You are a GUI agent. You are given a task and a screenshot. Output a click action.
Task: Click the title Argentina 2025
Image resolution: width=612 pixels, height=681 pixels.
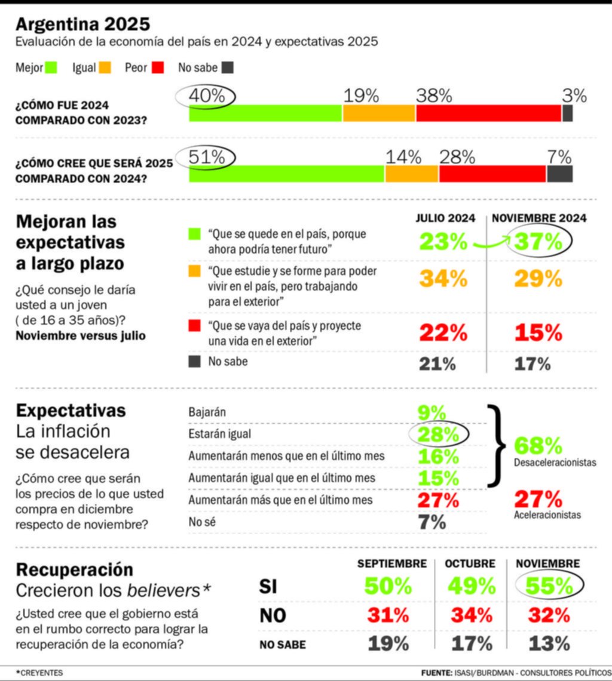[82, 24]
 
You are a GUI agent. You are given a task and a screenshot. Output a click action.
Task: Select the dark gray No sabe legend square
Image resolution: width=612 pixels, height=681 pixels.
[227, 67]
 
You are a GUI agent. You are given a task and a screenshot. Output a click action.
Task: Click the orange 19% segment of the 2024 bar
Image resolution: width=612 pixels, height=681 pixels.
[379, 113]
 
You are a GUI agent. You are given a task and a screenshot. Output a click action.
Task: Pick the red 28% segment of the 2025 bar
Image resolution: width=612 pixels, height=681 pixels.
[492, 174]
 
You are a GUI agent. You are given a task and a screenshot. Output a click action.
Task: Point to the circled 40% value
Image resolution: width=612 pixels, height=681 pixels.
[206, 96]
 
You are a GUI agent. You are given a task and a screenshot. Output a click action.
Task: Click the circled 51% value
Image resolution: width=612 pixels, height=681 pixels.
[206, 158]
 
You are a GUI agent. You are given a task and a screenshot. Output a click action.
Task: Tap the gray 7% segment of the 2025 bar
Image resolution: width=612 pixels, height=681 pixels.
[559, 174]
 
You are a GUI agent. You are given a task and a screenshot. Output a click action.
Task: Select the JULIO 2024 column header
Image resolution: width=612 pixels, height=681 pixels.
[445, 218]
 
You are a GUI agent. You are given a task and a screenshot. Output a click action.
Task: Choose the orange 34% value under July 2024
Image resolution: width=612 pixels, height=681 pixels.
[443, 278]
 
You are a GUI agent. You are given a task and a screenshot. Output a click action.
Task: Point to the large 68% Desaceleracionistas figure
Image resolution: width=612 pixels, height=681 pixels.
[538, 446]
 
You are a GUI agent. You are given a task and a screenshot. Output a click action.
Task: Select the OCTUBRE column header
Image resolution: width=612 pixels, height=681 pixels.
[470, 563]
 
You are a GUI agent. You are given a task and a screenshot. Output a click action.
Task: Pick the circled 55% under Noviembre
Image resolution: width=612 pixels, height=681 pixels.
[549, 587]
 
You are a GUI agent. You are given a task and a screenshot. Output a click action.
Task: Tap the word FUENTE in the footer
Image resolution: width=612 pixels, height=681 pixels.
[436, 673]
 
